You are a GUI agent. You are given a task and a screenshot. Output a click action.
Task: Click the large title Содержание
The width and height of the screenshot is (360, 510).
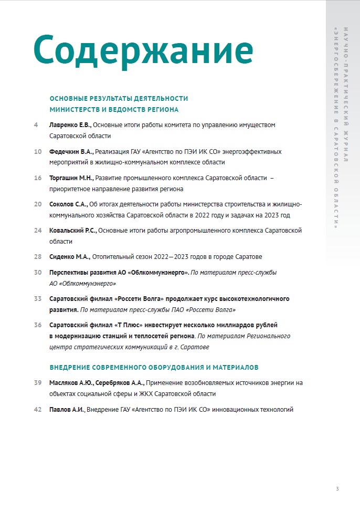[x=143, y=50]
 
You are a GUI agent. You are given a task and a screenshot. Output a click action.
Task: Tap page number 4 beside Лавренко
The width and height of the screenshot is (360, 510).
[x=36, y=125]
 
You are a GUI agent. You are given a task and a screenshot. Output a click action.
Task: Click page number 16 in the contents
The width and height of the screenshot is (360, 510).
[x=37, y=178]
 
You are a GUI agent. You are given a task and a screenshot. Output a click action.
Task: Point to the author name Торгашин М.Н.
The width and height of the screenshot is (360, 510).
[x=71, y=178]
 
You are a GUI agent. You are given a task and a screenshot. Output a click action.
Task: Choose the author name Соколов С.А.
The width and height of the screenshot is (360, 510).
[x=69, y=204]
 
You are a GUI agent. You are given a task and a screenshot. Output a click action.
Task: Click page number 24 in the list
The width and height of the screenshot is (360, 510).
[x=37, y=231]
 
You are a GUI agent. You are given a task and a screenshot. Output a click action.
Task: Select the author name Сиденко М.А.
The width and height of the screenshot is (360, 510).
[x=70, y=257]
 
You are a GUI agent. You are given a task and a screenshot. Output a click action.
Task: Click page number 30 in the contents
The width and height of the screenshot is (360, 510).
[x=37, y=273]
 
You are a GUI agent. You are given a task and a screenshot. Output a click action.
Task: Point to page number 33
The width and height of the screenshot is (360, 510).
[x=37, y=299]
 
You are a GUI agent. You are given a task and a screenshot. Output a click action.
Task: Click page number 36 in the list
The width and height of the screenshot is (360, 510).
[x=37, y=325]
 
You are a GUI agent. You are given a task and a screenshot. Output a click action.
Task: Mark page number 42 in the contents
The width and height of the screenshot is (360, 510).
[x=37, y=409]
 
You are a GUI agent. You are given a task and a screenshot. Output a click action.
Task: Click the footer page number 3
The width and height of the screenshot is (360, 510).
[x=337, y=490]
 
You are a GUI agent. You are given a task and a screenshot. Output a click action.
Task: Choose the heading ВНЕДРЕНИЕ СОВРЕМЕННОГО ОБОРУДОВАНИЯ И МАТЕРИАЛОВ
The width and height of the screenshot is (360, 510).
[x=154, y=367]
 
